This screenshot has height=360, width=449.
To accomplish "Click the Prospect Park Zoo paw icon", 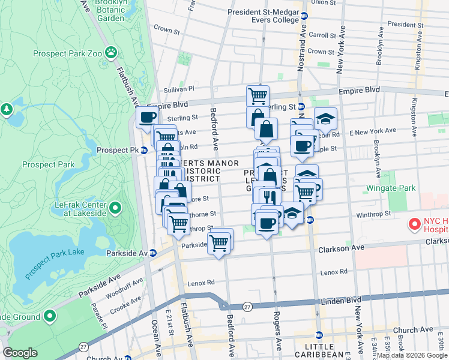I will coord(111,53).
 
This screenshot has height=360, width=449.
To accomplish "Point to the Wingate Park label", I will coord(391,188).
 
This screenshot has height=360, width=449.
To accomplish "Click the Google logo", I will coord(20,353).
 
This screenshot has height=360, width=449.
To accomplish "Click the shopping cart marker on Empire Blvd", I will coord(258,95).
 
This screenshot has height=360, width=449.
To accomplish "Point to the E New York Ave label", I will coord(373,131).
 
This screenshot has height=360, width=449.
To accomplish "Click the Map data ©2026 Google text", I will coord(411,355).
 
